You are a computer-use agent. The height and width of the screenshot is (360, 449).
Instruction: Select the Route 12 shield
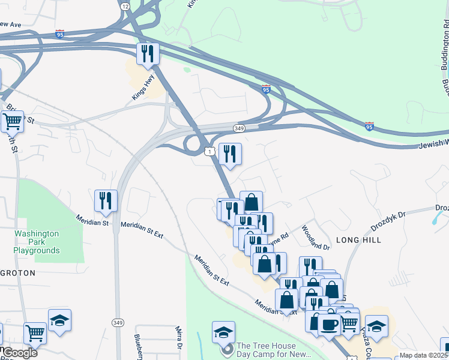point(124,5)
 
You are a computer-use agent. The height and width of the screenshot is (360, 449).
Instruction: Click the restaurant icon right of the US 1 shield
point(230,154)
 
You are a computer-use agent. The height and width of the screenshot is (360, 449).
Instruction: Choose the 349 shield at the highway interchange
point(239,128)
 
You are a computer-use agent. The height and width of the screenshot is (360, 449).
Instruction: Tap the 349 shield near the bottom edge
point(118,323)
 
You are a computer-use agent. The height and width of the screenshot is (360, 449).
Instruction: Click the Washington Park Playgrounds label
point(37,242)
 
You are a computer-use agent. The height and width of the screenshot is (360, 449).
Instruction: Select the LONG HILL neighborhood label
point(359,239)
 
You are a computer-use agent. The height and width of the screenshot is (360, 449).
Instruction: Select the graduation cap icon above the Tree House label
point(223,332)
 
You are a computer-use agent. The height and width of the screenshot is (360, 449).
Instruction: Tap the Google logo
point(19,353)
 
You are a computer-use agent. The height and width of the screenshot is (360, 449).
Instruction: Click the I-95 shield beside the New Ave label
point(59,33)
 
